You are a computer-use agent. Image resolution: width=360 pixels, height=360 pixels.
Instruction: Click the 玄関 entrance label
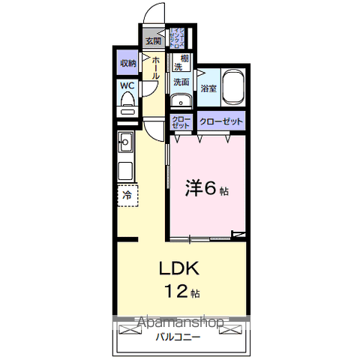153,40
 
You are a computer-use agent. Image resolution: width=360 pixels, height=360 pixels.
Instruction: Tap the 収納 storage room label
127,63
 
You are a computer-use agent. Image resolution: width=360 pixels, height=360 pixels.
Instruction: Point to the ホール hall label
155,68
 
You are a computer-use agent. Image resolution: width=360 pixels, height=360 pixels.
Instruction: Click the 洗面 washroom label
181,82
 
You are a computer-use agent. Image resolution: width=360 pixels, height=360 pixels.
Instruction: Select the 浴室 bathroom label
208,89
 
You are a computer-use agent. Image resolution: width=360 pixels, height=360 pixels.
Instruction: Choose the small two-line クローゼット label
181,122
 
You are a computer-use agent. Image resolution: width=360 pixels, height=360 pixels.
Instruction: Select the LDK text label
178,268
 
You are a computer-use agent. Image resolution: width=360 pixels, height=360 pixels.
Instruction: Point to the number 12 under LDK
174,291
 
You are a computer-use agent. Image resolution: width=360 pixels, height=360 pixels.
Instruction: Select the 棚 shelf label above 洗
183,58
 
